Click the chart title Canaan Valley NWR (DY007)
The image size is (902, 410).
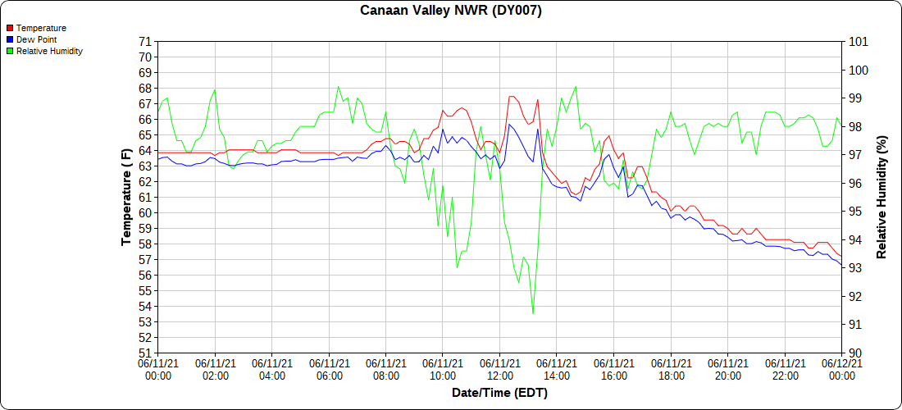(451, 11)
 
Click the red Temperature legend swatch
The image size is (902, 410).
(10, 28)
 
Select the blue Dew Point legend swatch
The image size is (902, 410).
(10, 39)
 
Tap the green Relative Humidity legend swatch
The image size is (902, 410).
(10, 51)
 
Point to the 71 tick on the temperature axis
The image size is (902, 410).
(145, 42)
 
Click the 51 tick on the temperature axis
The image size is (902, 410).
(145, 353)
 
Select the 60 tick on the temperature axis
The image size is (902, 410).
(145, 213)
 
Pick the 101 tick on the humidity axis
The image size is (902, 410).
(858, 42)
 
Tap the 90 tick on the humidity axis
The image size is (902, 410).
(854, 353)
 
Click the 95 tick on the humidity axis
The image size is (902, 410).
(854, 212)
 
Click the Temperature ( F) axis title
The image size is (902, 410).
(126, 198)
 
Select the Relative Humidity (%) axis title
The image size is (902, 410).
(881, 198)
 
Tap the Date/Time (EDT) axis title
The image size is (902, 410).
(499, 393)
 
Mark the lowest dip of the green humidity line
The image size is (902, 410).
(533, 313)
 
